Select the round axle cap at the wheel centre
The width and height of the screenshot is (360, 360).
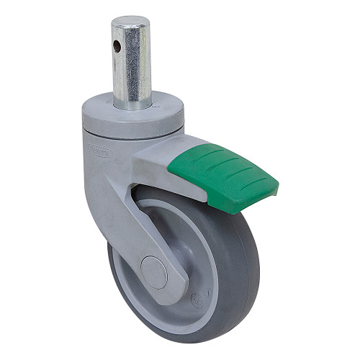(x=154, y=271)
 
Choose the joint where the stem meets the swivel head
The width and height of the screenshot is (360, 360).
(x=134, y=104)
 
